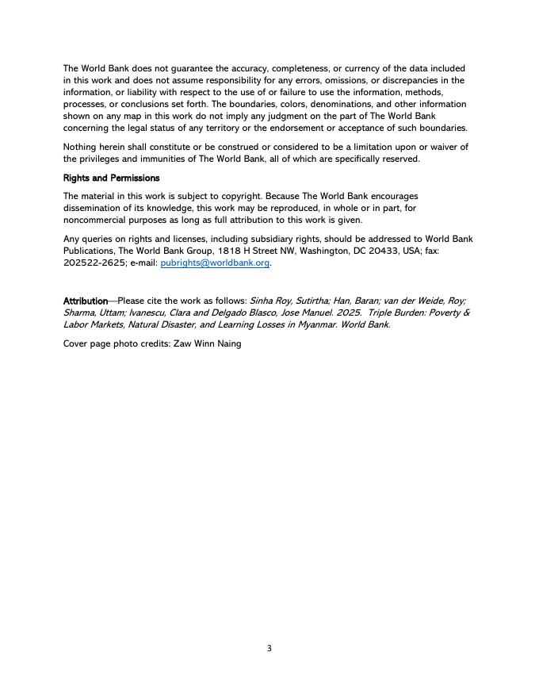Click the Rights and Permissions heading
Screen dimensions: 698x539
click(x=111, y=178)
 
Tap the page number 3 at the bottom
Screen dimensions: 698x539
click(x=269, y=648)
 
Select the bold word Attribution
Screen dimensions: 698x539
click(x=86, y=301)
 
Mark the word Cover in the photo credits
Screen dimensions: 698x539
click(x=76, y=343)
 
